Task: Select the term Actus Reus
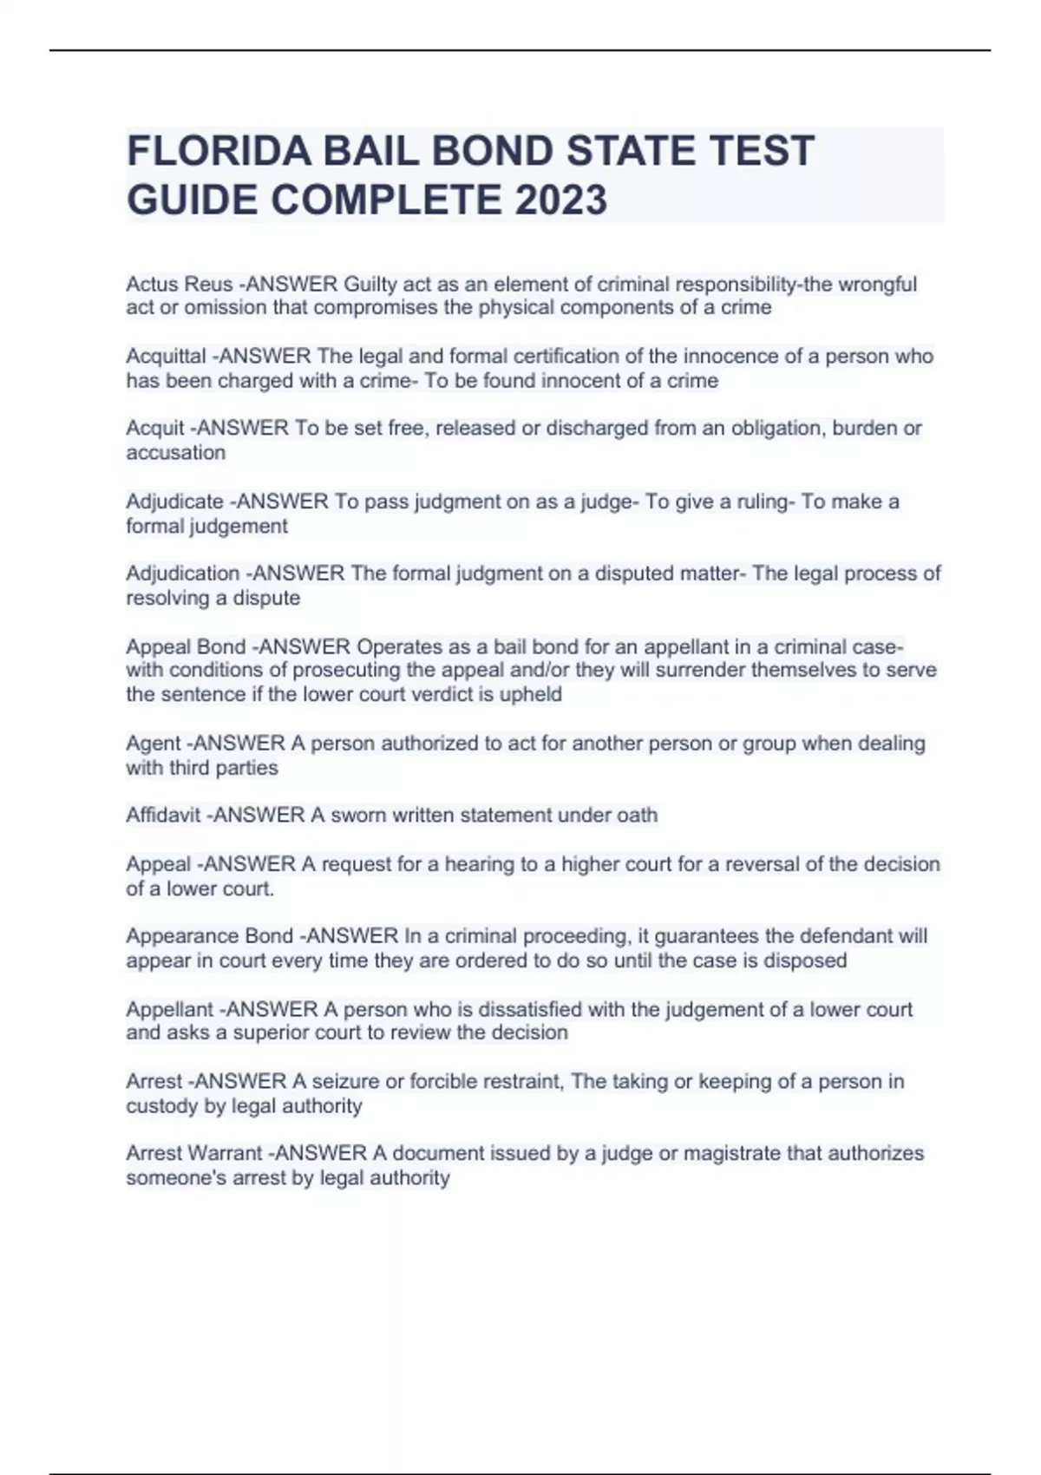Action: [x=179, y=285]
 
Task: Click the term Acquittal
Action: [x=166, y=357]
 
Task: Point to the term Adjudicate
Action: [x=174, y=501]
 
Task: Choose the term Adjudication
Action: [x=182, y=574]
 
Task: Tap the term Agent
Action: [x=154, y=744]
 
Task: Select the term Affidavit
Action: [x=163, y=816]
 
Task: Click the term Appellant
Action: [x=169, y=1010]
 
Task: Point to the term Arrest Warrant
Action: [x=193, y=1154]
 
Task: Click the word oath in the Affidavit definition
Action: [x=636, y=816]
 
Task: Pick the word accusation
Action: [x=175, y=453]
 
